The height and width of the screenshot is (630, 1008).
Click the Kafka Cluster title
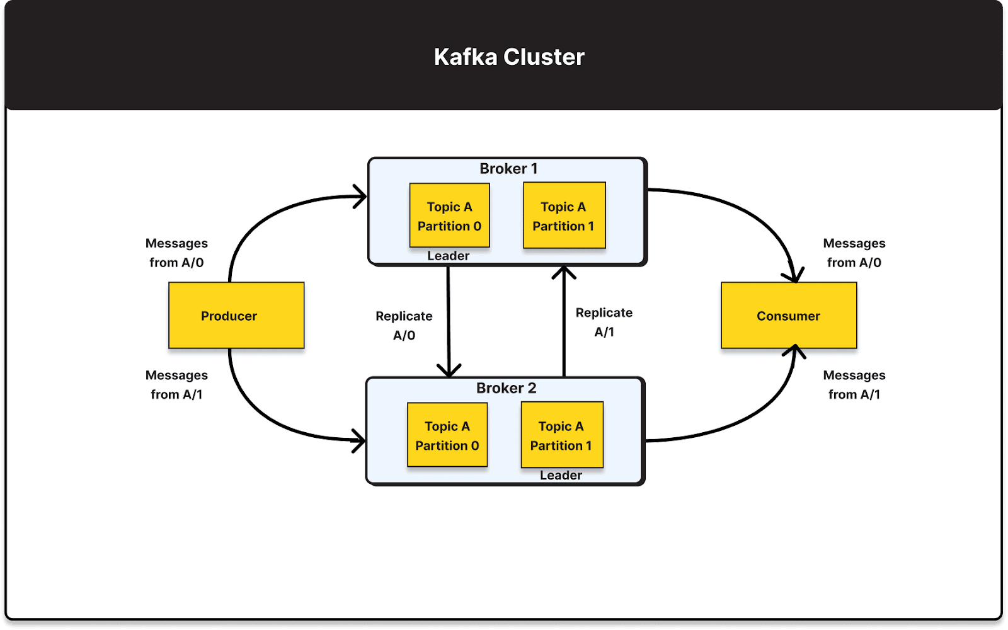[x=509, y=57]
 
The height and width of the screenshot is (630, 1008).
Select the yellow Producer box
[x=236, y=316]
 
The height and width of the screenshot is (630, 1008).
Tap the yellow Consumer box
[x=789, y=316]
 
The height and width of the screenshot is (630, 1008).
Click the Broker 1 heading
[x=508, y=169]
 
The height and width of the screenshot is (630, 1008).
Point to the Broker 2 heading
[x=506, y=388]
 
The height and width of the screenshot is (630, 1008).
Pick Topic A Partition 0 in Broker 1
[x=449, y=216]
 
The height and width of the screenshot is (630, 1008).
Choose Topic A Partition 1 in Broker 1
[x=564, y=216]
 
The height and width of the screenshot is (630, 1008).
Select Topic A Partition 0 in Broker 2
[x=447, y=435]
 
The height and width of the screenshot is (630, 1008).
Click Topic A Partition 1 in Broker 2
[x=561, y=435]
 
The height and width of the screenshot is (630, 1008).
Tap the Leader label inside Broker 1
[x=448, y=256]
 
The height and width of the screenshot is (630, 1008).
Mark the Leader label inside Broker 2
[x=561, y=476]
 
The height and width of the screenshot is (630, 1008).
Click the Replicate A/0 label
[x=404, y=325]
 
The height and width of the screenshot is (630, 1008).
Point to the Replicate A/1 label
[x=604, y=322]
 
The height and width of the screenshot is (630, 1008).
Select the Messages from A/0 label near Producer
[x=176, y=253]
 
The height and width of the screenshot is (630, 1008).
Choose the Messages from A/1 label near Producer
[x=176, y=384]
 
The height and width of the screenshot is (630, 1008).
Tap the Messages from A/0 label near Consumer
[x=854, y=253]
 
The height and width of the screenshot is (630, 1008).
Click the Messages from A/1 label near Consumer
[x=854, y=384]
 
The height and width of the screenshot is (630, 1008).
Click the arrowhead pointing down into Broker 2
[x=449, y=370]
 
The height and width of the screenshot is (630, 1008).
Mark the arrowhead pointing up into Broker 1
[x=564, y=273]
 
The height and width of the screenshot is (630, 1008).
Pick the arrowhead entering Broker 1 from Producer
[x=360, y=197]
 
